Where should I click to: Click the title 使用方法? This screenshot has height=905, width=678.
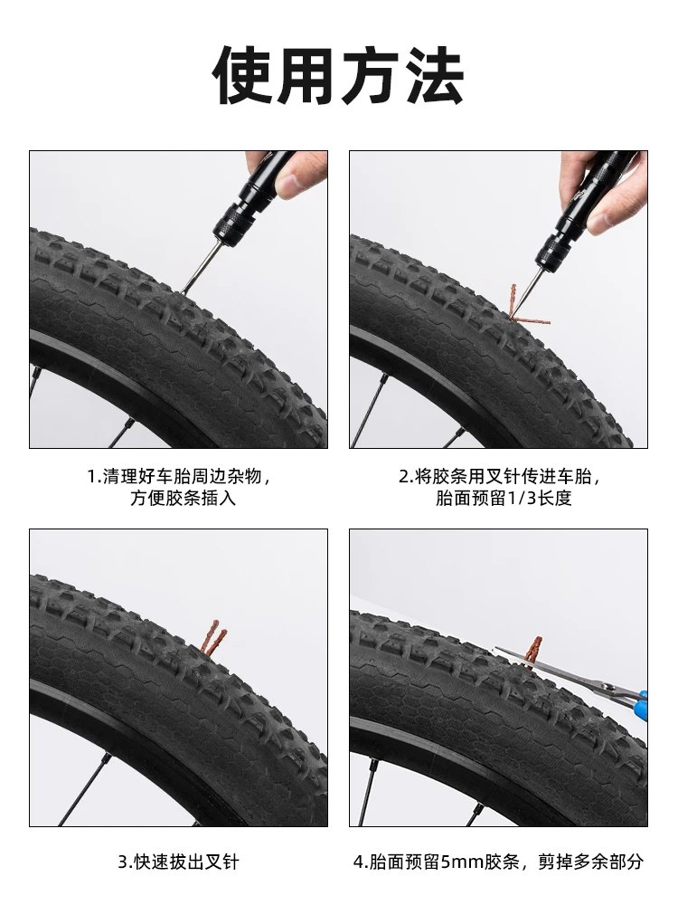coord(339,75)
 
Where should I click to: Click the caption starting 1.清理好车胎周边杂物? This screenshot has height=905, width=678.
coord(178,476)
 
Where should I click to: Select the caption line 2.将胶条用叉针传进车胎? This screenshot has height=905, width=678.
coord(500,476)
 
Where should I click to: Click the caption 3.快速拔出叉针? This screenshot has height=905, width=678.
coord(178,862)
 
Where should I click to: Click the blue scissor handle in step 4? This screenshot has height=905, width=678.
coord(639,702)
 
